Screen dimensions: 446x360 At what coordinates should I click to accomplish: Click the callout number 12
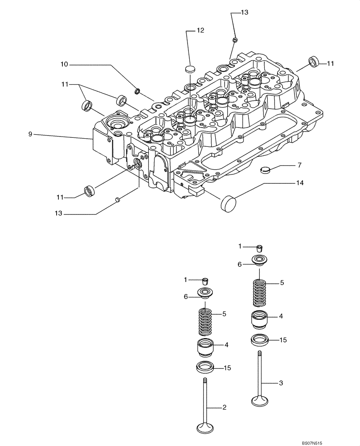200,30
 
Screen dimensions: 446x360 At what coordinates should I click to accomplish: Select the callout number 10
64,65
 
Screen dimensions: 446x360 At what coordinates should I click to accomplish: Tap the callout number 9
30,134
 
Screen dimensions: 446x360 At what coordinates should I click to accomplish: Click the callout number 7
299,165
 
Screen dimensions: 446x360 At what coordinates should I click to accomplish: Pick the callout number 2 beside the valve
225,407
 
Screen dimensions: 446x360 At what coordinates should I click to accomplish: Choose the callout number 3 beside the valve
281,383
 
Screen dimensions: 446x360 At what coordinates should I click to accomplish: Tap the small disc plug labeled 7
266,169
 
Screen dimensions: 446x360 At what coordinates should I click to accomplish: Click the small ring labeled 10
138,92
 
